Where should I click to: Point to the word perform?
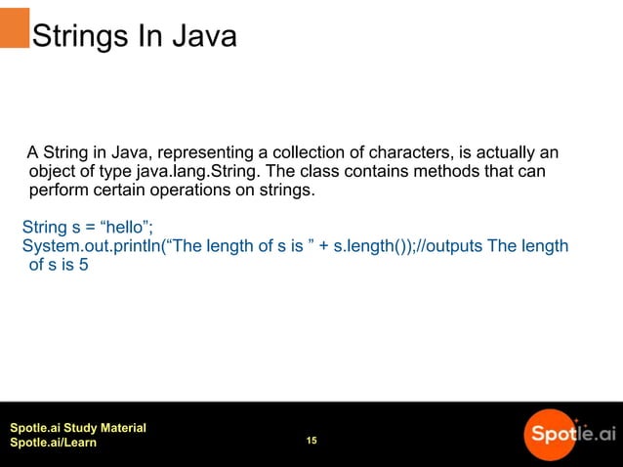click(x=56, y=191)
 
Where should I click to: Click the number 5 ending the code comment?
click(x=84, y=265)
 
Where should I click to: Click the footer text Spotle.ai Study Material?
click(x=77, y=428)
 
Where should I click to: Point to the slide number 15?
click(x=311, y=442)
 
